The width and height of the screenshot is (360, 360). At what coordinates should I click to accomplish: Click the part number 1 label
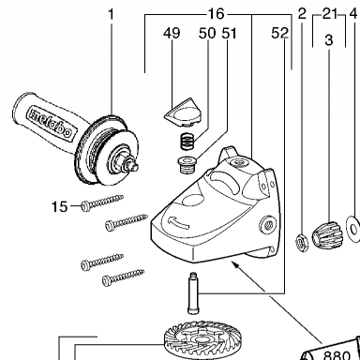coord(111,14)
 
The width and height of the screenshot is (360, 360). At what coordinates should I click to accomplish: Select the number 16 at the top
coord(217,14)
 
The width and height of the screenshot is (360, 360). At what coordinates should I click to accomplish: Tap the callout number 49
coord(172,33)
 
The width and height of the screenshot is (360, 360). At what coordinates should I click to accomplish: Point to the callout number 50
coord(207,33)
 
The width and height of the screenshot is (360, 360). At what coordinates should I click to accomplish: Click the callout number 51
coord(229,33)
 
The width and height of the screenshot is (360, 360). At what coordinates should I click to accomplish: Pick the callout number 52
coord(279,33)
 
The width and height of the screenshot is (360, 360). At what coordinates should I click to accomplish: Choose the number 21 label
coord(330,14)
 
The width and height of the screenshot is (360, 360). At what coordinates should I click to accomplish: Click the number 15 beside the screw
coord(59,206)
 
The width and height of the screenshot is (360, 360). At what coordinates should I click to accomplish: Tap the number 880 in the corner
coord(337,355)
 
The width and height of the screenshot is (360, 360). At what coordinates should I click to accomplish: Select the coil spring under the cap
coord(187,140)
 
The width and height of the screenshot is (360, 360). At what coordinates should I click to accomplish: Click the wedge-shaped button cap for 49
coord(183,112)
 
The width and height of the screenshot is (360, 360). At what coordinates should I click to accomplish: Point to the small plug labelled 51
coord(186,165)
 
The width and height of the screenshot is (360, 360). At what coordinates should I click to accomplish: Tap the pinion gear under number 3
coord(327,234)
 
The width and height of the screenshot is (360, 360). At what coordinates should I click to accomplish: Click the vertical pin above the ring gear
coord(193,292)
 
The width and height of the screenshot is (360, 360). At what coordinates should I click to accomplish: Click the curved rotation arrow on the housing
coord(178,221)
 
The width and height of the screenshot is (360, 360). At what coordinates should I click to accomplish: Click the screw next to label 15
coord(102,202)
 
